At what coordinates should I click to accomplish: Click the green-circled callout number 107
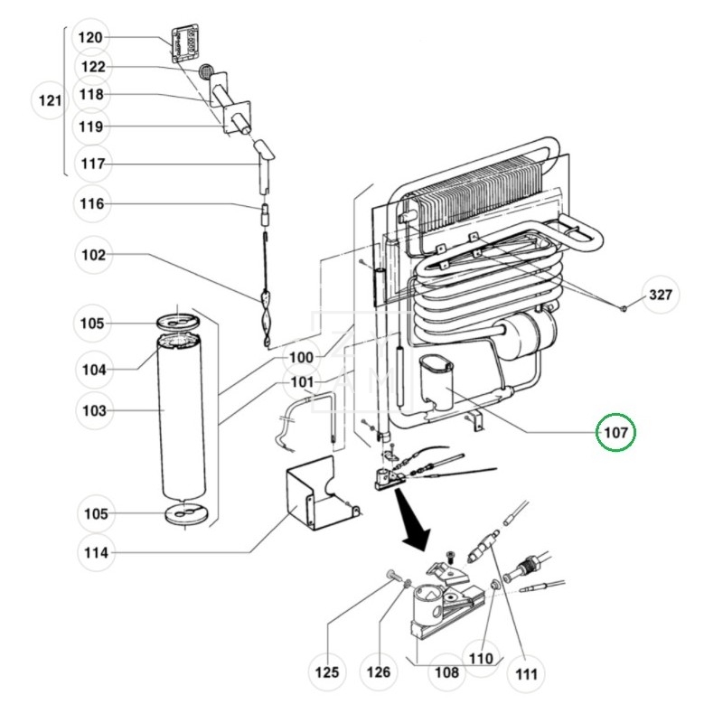[615, 432]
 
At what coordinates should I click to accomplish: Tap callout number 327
[661, 295]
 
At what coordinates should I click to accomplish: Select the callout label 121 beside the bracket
[50, 100]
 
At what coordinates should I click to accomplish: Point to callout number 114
[96, 552]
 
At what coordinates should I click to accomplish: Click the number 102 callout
[93, 255]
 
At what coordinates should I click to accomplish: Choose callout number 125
[327, 672]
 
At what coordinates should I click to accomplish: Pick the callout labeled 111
[526, 674]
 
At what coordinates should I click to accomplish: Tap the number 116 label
[92, 203]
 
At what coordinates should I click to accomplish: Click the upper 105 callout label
[92, 324]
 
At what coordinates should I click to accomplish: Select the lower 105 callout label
[96, 513]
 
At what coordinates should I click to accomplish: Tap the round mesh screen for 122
[206, 71]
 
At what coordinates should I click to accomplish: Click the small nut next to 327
[623, 307]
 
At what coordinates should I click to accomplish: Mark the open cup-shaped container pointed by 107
[437, 381]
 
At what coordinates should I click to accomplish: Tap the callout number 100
[301, 357]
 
